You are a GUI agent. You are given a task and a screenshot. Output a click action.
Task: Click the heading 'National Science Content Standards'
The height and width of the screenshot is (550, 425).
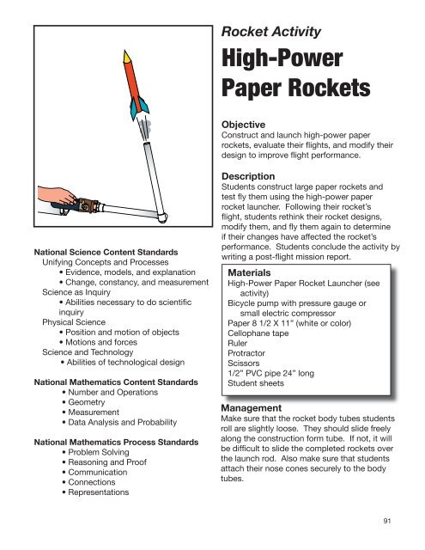click(x=102, y=251)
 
